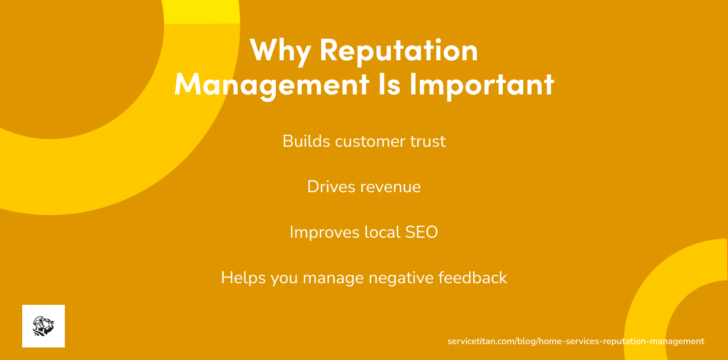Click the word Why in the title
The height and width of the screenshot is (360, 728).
click(x=280, y=50)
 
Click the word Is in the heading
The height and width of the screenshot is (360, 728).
click(x=389, y=84)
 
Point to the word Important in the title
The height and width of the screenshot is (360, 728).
click(x=481, y=84)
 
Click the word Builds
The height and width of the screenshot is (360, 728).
click(x=306, y=141)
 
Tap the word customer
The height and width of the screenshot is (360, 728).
click(x=372, y=141)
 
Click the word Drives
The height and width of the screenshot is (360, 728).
click(x=329, y=187)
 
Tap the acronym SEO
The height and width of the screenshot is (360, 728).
click(x=421, y=232)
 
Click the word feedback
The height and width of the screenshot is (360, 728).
click(x=473, y=278)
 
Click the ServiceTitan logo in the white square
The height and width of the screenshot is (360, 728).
click(x=43, y=326)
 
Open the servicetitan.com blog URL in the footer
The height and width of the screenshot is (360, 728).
click(x=576, y=341)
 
